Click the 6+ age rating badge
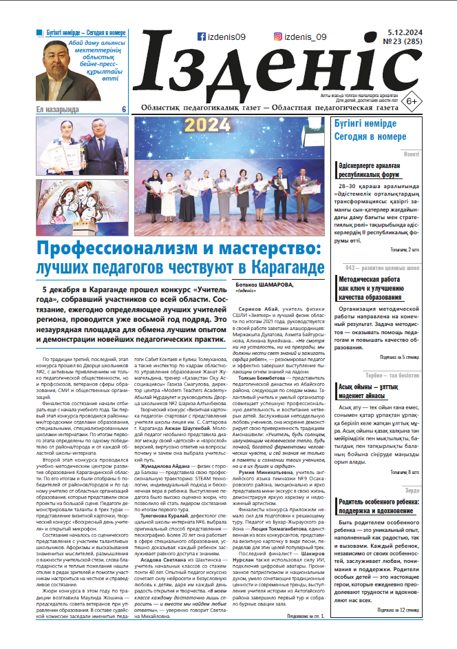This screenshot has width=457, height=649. coord(412,100)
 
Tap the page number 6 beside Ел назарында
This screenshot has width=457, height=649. coord(124,109)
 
